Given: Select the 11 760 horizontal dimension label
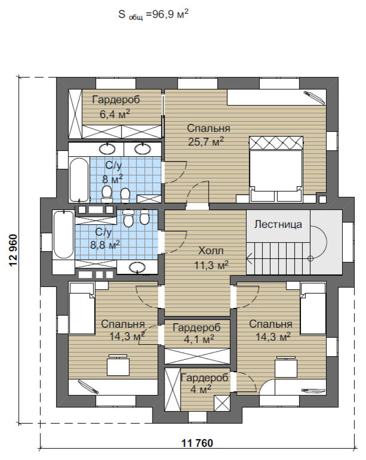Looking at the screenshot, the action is coord(197,443).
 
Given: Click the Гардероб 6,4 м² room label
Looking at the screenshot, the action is coord(116,106).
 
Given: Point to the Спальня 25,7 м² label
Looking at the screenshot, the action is coord(209,135).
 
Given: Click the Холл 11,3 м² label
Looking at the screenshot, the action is coord(211,258).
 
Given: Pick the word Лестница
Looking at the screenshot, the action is coord(278,224).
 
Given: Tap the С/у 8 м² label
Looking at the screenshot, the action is coord(113,172).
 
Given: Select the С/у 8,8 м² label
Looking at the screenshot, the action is coord(104,238).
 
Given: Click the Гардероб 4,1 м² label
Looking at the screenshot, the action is coord(197,334).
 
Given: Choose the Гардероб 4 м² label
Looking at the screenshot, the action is coord(204,384).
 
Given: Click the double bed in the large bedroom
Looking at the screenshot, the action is coord(276,169).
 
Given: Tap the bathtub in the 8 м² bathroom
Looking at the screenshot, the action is coord(79,180).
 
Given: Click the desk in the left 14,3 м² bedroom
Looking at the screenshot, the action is coord(117,365).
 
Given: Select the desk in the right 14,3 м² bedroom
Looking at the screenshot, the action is coord(286,367).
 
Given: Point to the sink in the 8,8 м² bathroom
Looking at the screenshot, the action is coord(138,267).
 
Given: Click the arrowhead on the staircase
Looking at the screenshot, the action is coord(249,259).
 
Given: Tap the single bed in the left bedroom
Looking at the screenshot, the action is coord(82,308).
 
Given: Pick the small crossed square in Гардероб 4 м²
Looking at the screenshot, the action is coord(222,403).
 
